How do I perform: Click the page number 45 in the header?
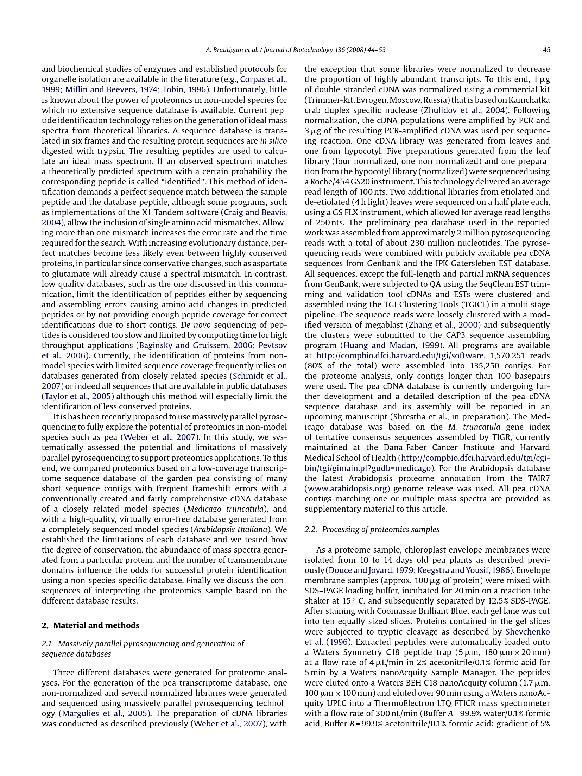546,50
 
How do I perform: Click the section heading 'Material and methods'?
96,625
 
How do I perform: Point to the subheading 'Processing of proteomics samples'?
380,529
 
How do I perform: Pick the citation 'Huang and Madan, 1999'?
392,345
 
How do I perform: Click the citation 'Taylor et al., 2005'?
78,396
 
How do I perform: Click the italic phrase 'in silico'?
273,141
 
